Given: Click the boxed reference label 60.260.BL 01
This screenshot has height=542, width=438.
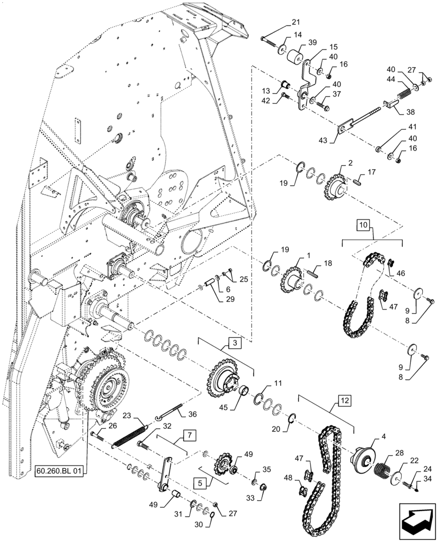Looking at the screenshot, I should click(59, 472).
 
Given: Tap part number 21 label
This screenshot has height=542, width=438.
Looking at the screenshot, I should click(295, 22).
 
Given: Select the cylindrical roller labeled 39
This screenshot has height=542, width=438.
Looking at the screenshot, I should click(296, 58).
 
